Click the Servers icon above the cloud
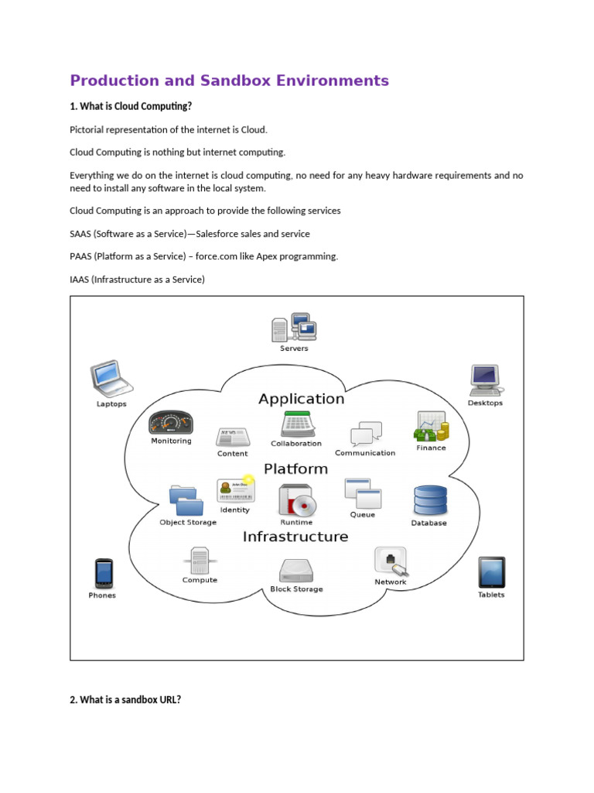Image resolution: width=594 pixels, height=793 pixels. point(292,327)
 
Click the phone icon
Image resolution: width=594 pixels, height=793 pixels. point(103,574)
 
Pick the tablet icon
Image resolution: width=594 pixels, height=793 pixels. point(491,573)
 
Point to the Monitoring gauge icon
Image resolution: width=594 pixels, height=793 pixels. point(171,423)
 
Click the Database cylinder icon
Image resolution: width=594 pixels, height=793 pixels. point(429,501)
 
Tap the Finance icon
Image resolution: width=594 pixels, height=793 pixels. point(431,427)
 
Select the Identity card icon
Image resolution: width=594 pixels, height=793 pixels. point(235,490)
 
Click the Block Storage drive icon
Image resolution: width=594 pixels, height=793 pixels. point(296,571)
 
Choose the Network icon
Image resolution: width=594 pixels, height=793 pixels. point(390,561)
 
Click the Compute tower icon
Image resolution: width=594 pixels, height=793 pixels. point(200,559)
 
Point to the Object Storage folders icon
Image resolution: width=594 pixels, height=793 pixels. point(186,500)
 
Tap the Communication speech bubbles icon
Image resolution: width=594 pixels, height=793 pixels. point(365,434)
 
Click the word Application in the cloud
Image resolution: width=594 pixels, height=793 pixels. point(301,399)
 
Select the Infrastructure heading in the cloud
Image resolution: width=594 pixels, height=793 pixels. point(295,537)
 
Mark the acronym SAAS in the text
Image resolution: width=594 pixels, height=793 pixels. point(80,234)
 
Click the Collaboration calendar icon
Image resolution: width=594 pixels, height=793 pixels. point(296,424)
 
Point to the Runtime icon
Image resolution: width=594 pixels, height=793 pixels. point(296,501)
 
